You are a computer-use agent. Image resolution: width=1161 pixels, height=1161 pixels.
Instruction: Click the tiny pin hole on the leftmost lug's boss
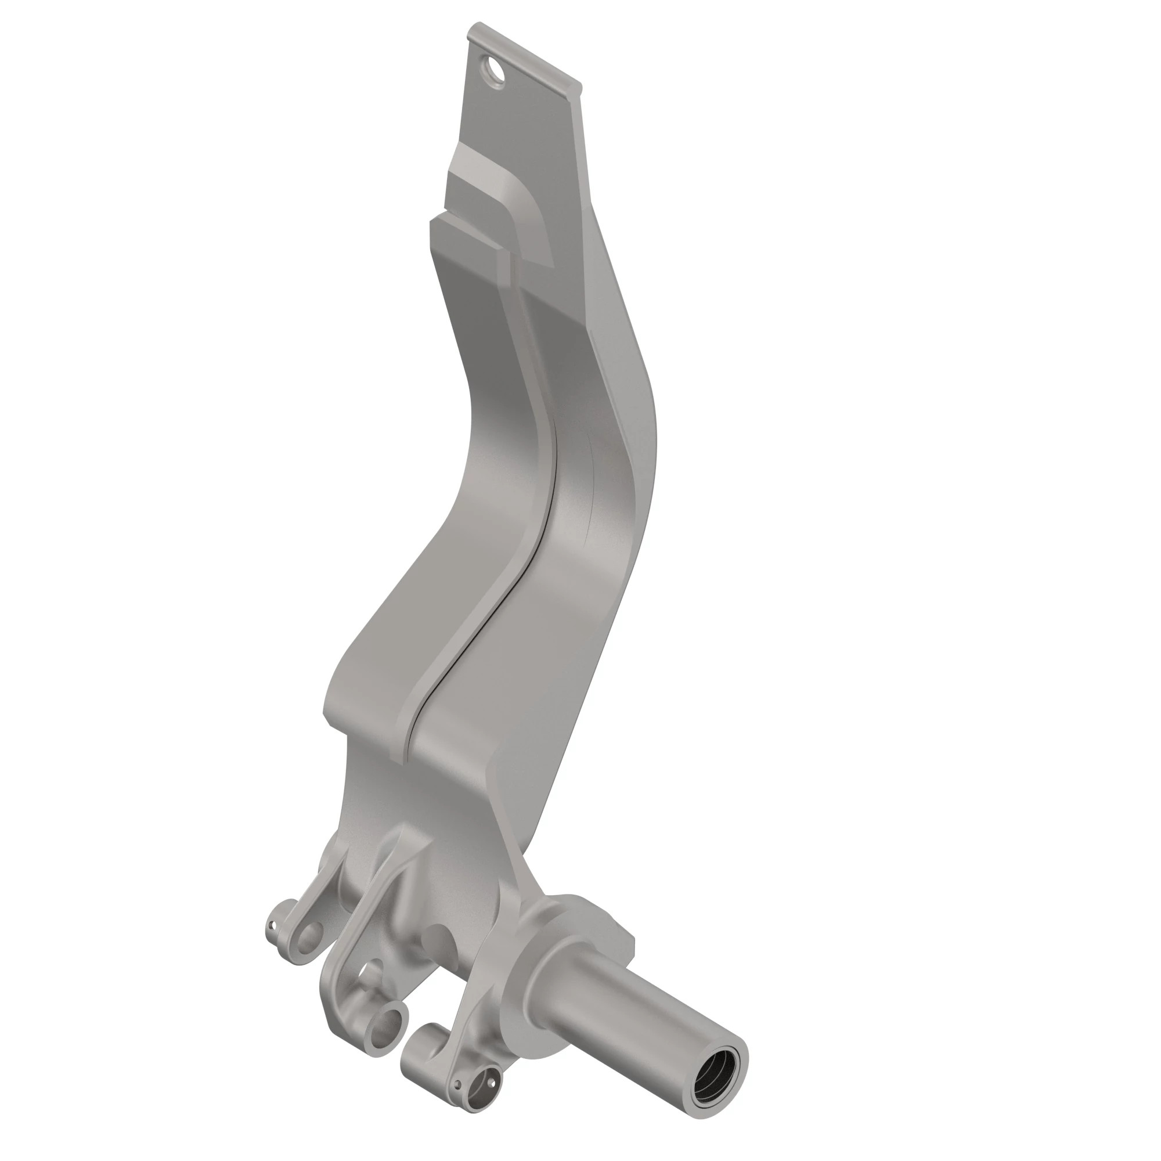pos(272,926)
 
